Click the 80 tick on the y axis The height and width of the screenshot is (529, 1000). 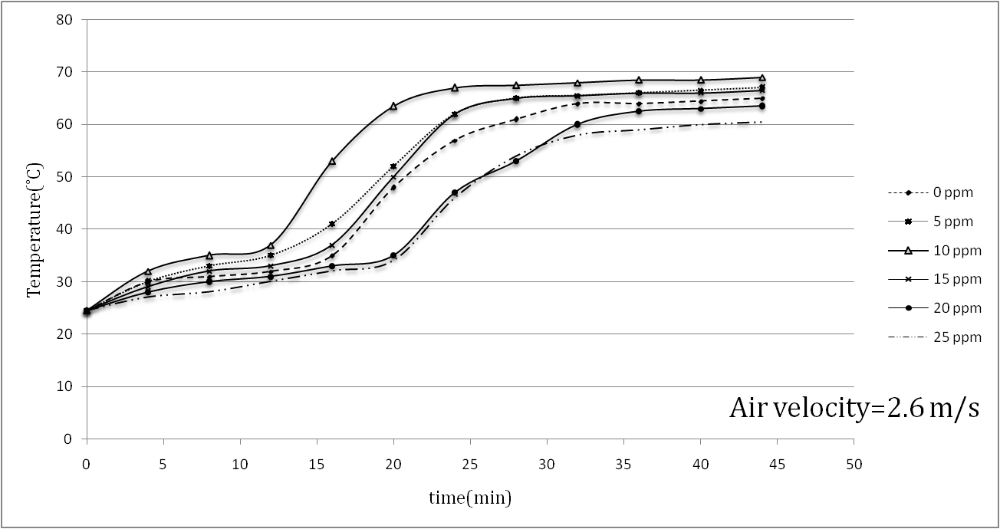coord(64,19)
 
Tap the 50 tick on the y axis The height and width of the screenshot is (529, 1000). coord(64,177)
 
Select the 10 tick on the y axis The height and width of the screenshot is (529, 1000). coord(64,387)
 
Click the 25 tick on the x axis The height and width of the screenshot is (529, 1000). coord(470,465)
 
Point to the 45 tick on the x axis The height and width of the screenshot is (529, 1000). coord(777,465)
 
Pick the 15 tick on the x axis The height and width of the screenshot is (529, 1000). coord(317,465)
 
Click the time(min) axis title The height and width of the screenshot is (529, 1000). coord(469,498)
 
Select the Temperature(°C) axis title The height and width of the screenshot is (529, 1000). coord(34,231)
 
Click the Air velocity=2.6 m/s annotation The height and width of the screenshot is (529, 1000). coord(854,408)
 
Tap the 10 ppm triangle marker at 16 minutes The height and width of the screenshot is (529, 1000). coord(332,161)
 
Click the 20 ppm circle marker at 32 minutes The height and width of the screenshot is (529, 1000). coord(577,124)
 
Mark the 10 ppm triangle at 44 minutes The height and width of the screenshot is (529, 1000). coord(762,77)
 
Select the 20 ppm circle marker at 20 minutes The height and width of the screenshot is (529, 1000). coord(393,255)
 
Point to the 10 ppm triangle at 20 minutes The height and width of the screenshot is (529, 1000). coord(393,106)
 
